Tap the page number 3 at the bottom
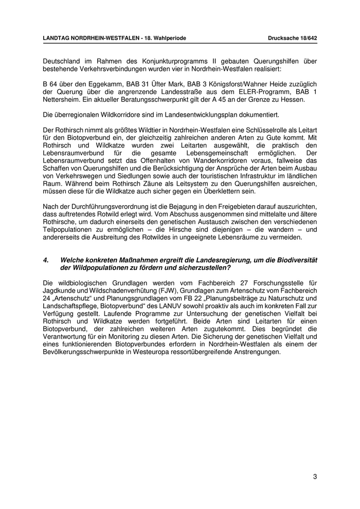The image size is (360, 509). click(x=315, y=477)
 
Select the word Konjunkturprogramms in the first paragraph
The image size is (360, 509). click(x=173, y=61)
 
